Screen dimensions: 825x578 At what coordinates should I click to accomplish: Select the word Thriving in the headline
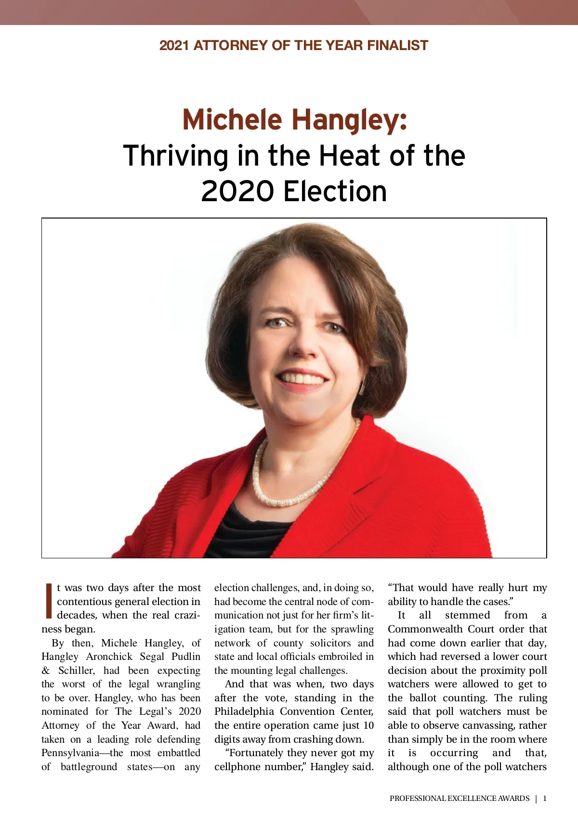point(176,156)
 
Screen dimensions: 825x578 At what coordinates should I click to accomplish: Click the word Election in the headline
point(335,191)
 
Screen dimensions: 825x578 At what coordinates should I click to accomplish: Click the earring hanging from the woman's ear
point(361,388)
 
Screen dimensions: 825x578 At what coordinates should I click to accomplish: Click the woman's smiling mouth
point(302,380)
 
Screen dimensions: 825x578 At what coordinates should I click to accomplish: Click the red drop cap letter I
point(48,601)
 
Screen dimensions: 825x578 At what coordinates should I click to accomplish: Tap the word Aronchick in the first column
point(109,657)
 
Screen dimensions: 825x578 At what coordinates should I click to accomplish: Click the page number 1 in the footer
point(545,799)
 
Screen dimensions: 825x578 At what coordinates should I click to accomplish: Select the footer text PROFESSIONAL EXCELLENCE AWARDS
point(460,799)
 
